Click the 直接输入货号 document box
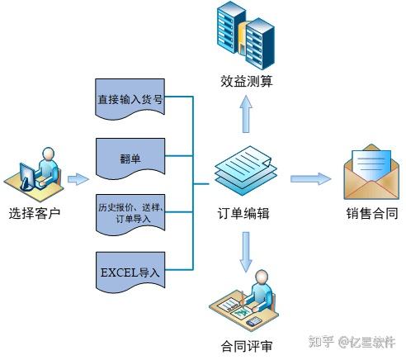[130, 99]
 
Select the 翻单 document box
[130, 159]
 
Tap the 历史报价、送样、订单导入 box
[130, 215]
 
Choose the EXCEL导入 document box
[130, 272]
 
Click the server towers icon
[246, 36]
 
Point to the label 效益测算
[247, 81]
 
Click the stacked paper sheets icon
[246, 171]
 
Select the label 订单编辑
[243, 213]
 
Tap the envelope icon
[371, 172]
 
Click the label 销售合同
[372, 213]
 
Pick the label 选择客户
[35, 213]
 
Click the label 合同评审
[247, 346]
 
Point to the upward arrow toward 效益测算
[246, 114]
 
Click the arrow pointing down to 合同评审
[246, 252]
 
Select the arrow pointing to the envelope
[310, 179]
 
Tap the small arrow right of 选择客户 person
[78, 179]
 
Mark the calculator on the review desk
[253, 321]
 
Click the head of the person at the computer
[49, 154]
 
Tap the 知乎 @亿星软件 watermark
[352, 342]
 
